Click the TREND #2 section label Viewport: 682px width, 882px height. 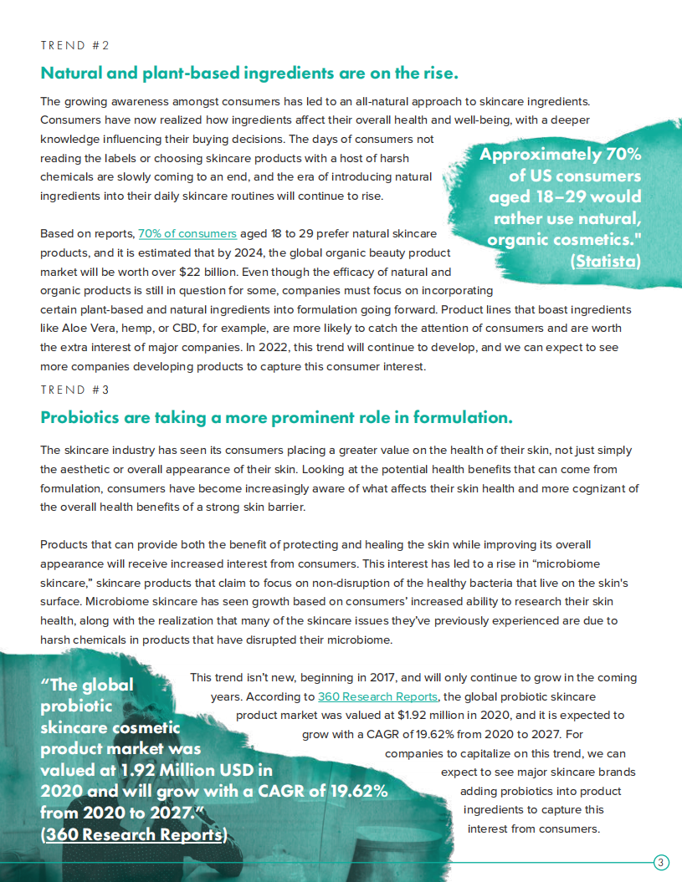(74, 45)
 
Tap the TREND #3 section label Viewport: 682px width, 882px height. (74, 390)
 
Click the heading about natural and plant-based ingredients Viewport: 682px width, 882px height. (249, 73)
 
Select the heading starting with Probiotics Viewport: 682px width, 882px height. (275, 416)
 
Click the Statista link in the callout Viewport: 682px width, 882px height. (605, 261)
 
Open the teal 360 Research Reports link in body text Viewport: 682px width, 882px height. (377, 696)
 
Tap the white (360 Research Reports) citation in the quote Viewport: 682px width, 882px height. (134, 834)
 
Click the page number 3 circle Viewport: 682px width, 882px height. (661, 863)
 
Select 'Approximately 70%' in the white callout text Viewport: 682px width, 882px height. (560, 155)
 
